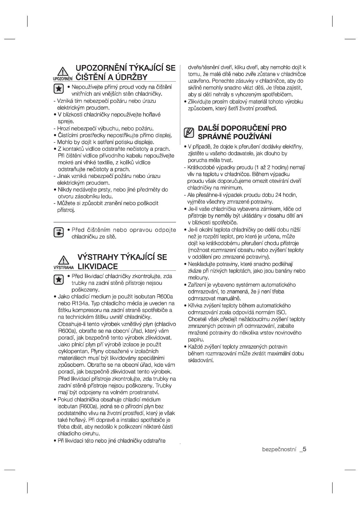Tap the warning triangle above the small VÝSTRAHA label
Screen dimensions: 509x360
[x=63, y=259]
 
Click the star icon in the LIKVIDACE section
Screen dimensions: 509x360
[x=59, y=279]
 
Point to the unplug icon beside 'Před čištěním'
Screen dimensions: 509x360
[x=59, y=233]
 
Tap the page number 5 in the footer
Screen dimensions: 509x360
[x=305, y=450]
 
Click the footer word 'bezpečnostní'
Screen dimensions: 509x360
[x=279, y=450]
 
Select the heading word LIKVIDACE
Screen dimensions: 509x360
[x=98, y=266]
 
